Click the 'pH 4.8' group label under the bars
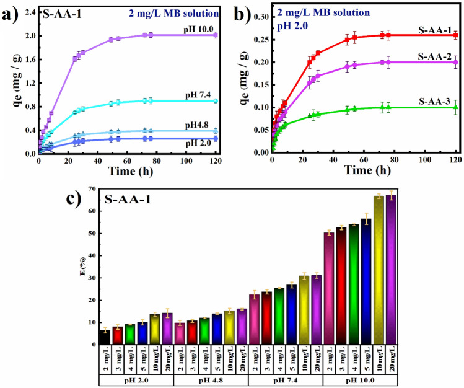(x=211, y=379)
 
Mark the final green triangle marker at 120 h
(x=456, y=107)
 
